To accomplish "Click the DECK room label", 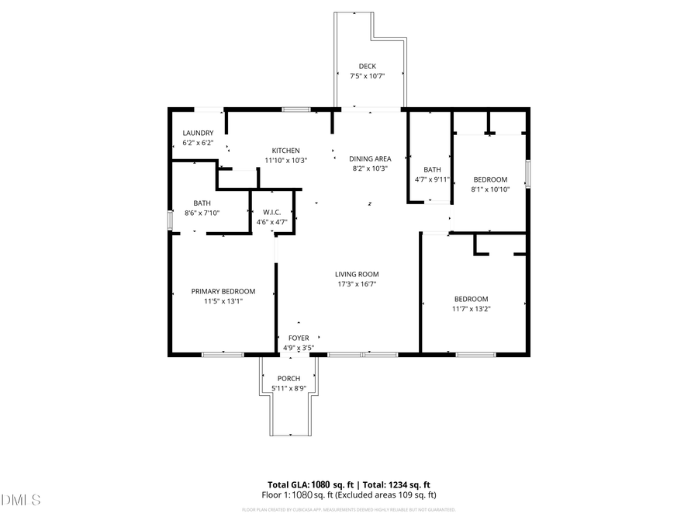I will point(368,66).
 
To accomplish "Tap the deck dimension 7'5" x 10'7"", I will point(368,75).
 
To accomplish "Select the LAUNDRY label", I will point(198,133).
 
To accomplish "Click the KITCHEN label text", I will point(285,151).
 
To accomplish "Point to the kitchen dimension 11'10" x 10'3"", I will point(285,160).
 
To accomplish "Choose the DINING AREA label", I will point(370,158).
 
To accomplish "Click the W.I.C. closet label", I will point(271,212).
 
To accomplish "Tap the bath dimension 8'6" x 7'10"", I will point(202,213).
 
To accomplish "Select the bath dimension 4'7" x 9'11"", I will point(432,179).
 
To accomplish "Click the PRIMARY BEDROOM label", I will point(223,291).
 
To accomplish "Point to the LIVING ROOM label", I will point(357,274).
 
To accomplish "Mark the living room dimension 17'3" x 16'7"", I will point(357,284).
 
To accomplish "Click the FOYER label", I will point(299,338).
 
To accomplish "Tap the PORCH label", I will point(289,378).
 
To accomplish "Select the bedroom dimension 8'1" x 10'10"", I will point(490,189).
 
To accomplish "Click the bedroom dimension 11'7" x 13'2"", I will point(472,309).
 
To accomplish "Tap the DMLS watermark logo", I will point(21,499).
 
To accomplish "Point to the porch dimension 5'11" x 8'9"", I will point(289,388).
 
